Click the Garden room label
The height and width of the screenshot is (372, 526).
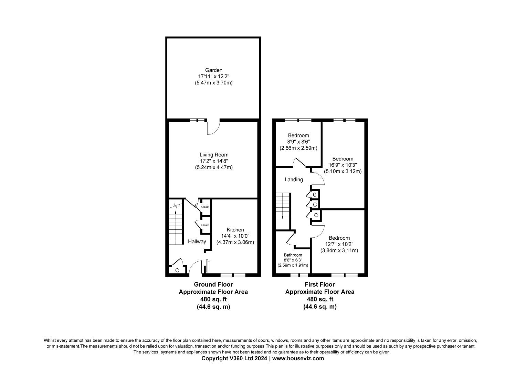click(213, 70)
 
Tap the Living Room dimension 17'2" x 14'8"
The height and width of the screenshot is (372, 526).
click(214, 161)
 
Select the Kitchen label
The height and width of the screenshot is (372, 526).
click(235, 230)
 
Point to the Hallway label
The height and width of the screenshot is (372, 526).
click(197, 241)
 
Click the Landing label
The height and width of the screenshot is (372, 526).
click(294, 179)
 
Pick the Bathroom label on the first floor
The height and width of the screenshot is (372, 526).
click(293, 255)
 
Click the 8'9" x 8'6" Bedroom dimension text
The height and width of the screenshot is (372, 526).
click(298, 142)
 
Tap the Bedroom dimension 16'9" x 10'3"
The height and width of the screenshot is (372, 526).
click(343, 165)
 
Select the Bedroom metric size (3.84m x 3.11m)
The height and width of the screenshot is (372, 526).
click(339, 250)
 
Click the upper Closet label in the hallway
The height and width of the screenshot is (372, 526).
click(205, 207)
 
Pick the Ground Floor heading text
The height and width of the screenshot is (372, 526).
click(213, 285)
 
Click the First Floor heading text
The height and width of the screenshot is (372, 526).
click(319, 285)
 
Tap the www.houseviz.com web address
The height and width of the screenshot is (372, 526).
click(298, 358)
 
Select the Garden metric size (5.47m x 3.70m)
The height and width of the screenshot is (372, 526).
click(214, 83)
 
